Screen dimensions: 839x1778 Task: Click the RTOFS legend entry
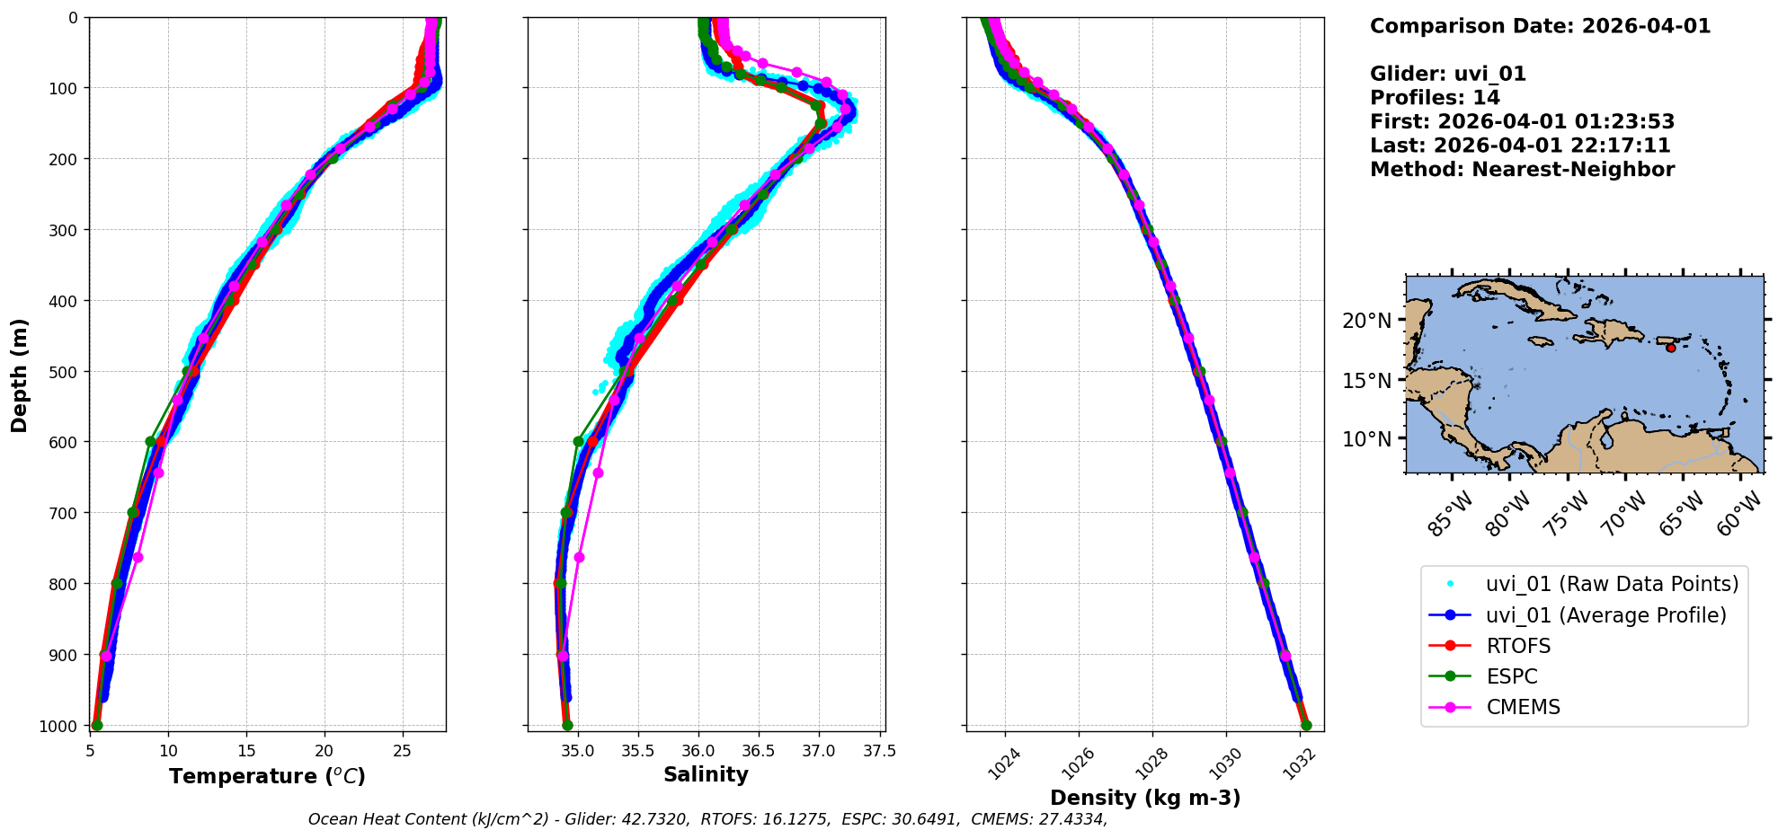pos(1518,646)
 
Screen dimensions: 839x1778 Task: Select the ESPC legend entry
pos(1512,676)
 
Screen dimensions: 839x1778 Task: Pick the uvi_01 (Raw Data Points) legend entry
pos(1612,584)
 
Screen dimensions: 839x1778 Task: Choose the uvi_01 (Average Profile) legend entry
pos(1605,615)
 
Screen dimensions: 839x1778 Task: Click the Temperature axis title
pos(267,776)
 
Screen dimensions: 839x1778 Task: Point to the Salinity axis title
pos(706,774)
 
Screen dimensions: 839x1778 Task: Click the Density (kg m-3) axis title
pos(1145,798)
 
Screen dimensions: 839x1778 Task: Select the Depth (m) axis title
pos(19,375)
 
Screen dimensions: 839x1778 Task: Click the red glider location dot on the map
pos(1670,348)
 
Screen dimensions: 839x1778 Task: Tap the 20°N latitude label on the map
pos(1366,321)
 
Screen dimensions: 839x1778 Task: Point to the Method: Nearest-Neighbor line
pos(1522,170)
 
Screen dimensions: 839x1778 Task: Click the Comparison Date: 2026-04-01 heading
pos(1540,26)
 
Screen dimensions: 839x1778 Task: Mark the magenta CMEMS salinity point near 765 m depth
pos(579,558)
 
